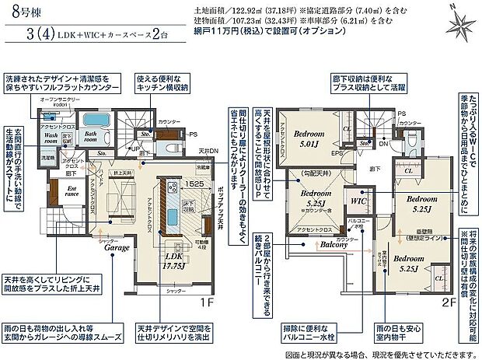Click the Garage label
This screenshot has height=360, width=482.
coord(112,250)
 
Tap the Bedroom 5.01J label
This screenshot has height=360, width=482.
coord(318,138)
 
